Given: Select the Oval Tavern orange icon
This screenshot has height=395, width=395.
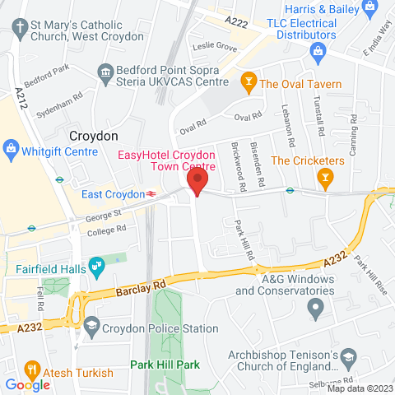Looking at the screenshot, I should click(x=247, y=82).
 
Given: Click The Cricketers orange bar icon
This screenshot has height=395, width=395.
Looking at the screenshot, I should click(x=326, y=177).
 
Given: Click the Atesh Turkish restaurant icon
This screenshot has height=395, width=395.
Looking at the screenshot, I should click(x=32, y=369).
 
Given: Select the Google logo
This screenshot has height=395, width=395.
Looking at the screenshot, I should click(x=27, y=384).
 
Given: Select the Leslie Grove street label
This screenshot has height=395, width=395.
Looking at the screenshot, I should click(x=215, y=47).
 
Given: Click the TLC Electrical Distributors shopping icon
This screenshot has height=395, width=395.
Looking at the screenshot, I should click(x=318, y=52).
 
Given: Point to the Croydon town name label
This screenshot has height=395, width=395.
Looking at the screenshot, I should click(x=94, y=136).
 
